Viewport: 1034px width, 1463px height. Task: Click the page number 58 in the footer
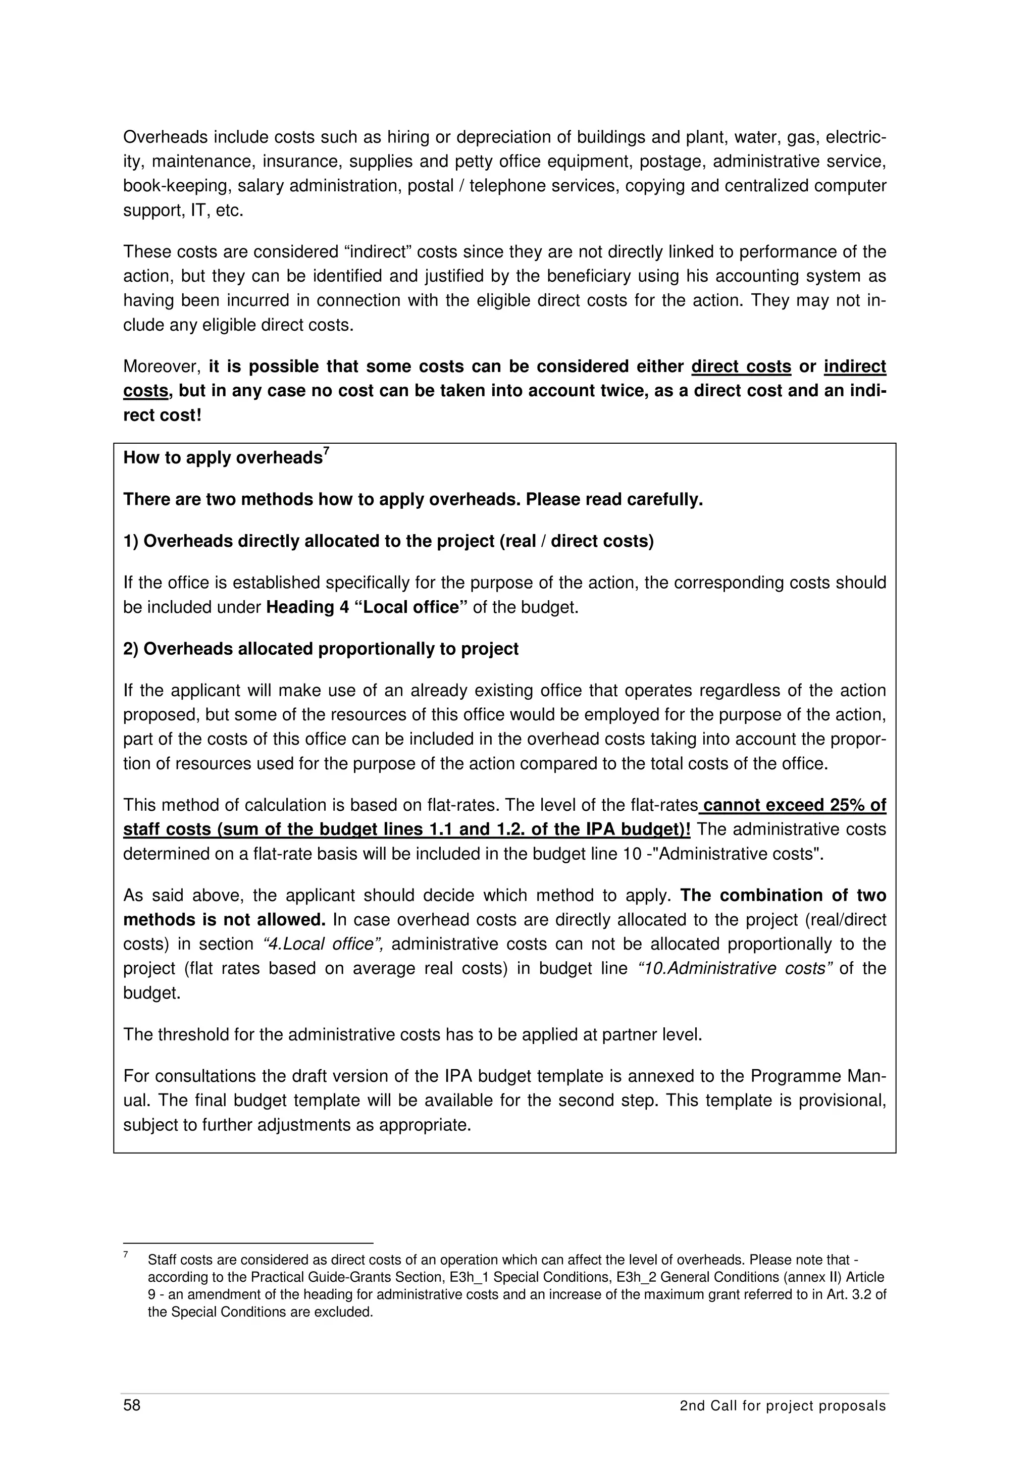point(132,1423)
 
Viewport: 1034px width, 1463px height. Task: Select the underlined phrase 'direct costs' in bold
point(741,367)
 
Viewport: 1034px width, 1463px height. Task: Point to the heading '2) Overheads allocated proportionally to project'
point(321,649)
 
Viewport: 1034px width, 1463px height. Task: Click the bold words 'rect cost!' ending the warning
point(163,415)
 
